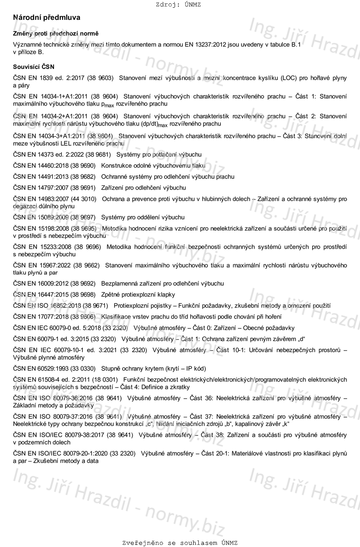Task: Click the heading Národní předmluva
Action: (x=47, y=18)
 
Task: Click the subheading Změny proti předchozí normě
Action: (x=56, y=34)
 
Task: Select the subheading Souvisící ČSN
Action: (x=34, y=67)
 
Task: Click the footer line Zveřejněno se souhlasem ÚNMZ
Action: (x=180, y=543)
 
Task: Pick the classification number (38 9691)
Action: (x=83, y=188)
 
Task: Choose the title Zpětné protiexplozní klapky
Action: (x=138, y=295)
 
